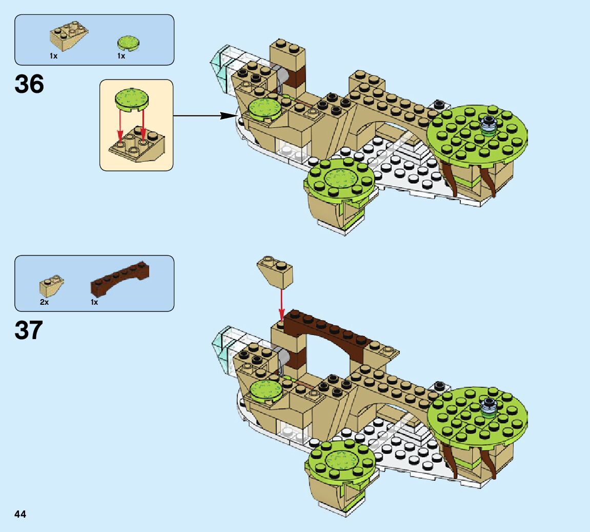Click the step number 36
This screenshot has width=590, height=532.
(x=30, y=84)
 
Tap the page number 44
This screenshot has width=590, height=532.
(x=21, y=515)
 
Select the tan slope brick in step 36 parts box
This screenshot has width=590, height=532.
(x=69, y=34)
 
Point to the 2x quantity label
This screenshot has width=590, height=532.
(x=45, y=302)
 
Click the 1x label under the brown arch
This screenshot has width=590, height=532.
(x=94, y=302)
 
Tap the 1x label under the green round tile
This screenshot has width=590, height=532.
(x=121, y=56)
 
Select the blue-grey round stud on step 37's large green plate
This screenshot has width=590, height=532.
(x=490, y=405)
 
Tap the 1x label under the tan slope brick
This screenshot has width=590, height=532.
(x=54, y=56)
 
